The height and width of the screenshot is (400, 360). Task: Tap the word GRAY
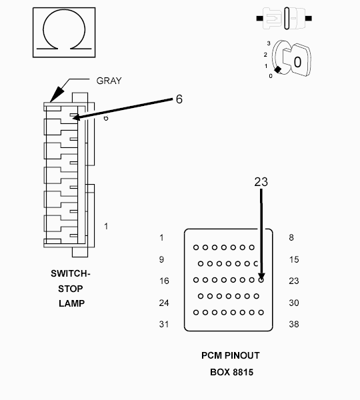[x=109, y=81]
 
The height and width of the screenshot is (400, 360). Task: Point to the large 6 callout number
[x=179, y=99]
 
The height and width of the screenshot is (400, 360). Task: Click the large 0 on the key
[x=297, y=62]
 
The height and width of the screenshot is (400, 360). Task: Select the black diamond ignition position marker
[x=277, y=69]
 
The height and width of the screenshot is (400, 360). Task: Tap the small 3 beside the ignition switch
[x=269, y=43]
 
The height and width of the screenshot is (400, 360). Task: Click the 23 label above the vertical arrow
[x=261, y=182]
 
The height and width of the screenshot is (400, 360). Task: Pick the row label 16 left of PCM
[x=164, y=281]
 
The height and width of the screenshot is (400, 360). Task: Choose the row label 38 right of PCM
[x=294, y=324]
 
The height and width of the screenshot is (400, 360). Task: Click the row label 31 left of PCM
[x=164, y=324]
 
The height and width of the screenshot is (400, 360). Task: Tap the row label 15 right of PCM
[x=294, y=259]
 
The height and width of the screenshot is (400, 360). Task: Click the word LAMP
[x=72, y=303]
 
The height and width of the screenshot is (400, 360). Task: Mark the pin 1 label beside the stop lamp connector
[x=106, y=226]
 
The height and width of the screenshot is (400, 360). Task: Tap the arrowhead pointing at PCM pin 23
[x=261, y=277]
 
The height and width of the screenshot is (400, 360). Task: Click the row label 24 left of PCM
[x=164, y=303]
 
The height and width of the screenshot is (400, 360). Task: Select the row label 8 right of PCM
[x=291, y=237]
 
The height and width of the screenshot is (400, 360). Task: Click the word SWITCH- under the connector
[x=71, y=273]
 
